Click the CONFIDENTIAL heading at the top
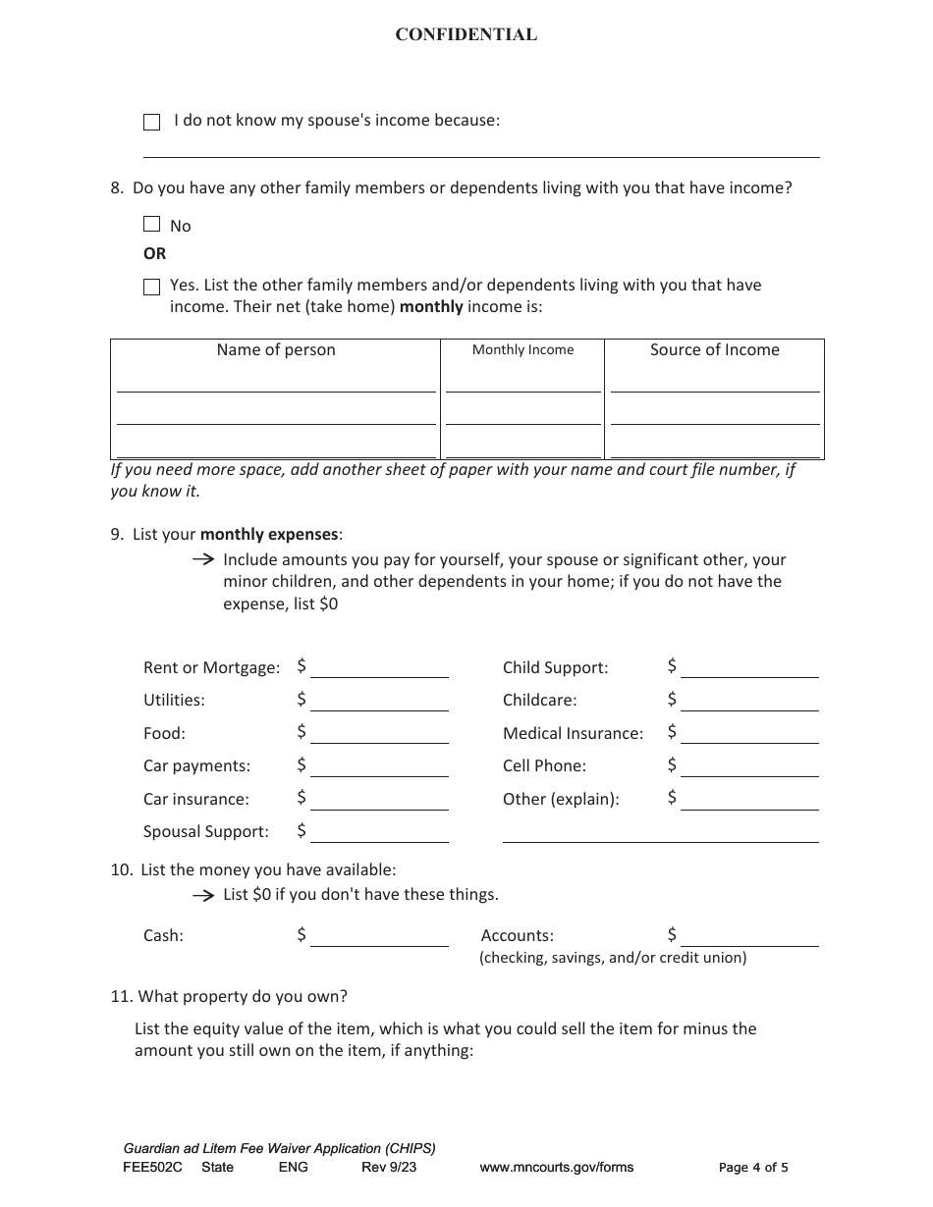(466, 35)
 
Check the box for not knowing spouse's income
(151, 122)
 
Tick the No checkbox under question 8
(151, 225)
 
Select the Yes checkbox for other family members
(151, 287)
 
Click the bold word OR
(155, 253)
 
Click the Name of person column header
(276, 350)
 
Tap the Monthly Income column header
(522, 350)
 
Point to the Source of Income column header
(714, 350)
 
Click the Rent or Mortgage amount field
(379, 667)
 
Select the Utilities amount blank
(379, 701)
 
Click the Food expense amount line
(379, 733)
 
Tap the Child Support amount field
(749, 667)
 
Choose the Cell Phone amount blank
(749, 766)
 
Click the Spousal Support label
(205, 832)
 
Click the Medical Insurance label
(573, 734)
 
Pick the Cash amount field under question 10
(379, 936)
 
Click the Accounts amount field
(749, 936)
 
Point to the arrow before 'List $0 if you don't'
(202, 895)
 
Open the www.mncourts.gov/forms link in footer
(556, 1168)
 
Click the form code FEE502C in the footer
(152, 1168)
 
